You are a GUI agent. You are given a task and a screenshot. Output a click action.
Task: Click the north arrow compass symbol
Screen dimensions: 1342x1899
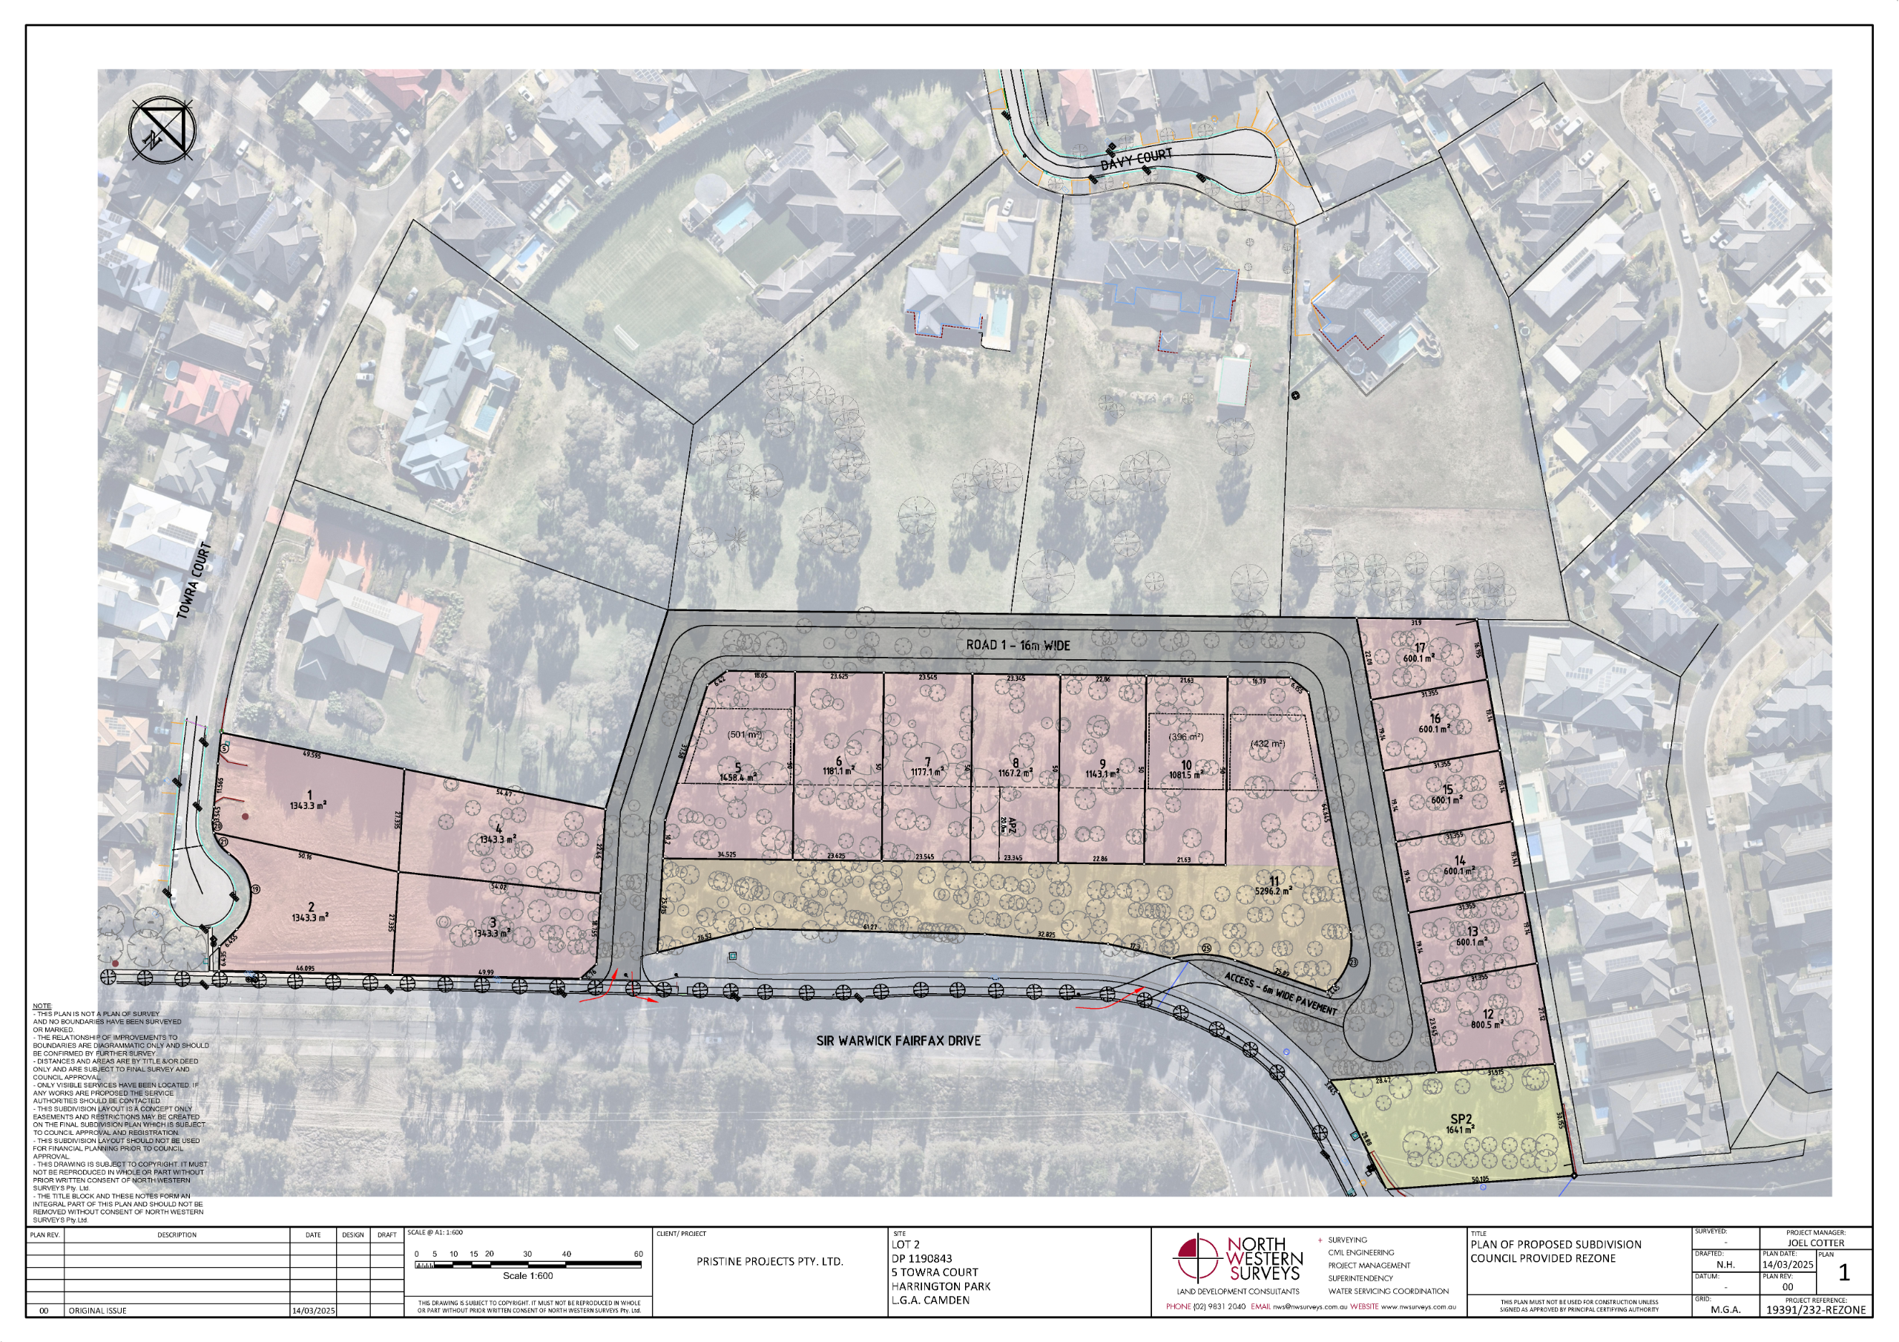pos(163,130)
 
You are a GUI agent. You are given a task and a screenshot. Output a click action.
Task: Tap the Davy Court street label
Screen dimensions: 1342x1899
pos(1136,159)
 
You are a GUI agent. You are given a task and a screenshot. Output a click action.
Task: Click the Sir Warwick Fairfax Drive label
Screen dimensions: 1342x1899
pos(898,1040)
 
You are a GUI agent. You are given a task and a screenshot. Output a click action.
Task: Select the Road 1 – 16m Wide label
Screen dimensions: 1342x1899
pos(1018,644)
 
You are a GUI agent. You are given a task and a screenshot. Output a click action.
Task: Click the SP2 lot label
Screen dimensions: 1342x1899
pos(1461,1119)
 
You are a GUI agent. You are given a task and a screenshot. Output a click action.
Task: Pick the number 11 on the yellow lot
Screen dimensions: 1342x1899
pos(1273,880)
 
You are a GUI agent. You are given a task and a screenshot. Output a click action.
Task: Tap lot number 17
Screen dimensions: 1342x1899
pos(1420,648)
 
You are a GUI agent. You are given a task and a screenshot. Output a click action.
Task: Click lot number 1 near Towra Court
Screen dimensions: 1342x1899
pos(309,795)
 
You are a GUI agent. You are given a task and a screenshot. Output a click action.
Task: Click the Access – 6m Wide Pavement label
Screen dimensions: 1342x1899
pos(1280,993)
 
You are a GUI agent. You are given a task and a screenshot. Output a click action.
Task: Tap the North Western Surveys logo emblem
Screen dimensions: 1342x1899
pos(1197,1260)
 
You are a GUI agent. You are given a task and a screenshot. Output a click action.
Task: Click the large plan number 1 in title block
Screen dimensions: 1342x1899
pos(1843,1273)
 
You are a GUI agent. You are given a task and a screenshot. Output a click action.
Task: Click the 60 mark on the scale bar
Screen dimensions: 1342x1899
pos(638,1254)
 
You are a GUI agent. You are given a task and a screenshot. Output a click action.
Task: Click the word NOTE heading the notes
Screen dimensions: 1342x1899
pos(42,1006)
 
